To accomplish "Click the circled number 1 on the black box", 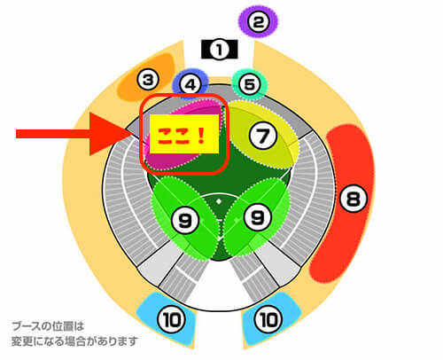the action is point(219,50).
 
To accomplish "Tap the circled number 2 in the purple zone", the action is point(259,22).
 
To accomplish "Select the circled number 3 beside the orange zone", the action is point(148,79).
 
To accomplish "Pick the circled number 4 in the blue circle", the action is point(190,85).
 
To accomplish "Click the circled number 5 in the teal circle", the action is point(250,84).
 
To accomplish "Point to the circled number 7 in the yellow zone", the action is point(263,136).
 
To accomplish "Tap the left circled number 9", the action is point(185,220).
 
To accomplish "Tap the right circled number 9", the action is point(258,217).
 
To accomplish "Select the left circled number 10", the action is point(172,319).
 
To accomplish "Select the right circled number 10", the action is point(268,319).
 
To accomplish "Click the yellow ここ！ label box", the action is point(184,134).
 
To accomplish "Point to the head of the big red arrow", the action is point(130,134).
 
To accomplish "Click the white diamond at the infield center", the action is point(219,201).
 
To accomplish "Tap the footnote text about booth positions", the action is point(74,334).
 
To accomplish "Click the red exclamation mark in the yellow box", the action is point(202,136).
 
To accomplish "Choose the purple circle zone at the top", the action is point(259,22).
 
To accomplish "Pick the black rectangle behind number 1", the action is point(219,49).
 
